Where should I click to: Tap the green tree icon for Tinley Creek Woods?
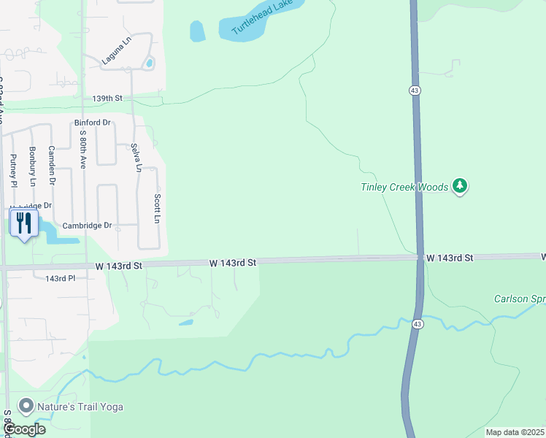tap(459, 187)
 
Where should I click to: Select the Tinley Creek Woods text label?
tap(404, 188)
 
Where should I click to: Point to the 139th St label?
tap(107, 99)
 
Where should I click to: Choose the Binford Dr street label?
tap(92, 123)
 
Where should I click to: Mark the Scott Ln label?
tap(156, 208)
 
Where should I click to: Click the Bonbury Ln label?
tap(32, 166)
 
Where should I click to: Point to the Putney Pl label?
tap(13, 169)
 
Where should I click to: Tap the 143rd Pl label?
tap(60, 279)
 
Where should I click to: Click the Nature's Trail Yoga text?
tap(81, 406)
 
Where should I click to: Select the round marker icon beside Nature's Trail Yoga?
tap(27, 405)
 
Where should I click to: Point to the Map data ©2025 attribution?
tap(515, 432)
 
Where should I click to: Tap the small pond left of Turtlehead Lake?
tap(197, 31)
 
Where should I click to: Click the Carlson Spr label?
tap(519, 299)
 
